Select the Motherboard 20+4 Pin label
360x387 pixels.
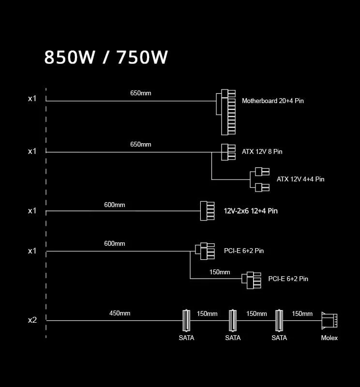point(273,101)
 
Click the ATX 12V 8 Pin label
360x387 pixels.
point(262,151)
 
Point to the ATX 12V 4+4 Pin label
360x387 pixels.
point(300,179)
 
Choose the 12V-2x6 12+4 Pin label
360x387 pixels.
point(251,211)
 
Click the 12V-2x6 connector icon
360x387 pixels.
point(207,211)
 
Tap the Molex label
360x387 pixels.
point(330,338)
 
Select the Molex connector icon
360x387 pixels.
point(329,320)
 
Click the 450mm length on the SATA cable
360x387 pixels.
point(120,313)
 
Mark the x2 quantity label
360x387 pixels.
point(32,320)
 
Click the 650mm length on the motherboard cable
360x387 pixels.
point(141,92)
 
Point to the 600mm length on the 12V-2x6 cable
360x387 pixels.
point(115,205)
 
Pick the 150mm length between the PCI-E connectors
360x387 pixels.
point(220,272)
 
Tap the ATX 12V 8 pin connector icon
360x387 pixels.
point(228,152)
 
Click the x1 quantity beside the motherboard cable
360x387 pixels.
point(32,99)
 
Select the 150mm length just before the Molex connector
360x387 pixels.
point(302,313)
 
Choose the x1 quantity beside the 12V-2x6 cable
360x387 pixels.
point(32,210)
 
